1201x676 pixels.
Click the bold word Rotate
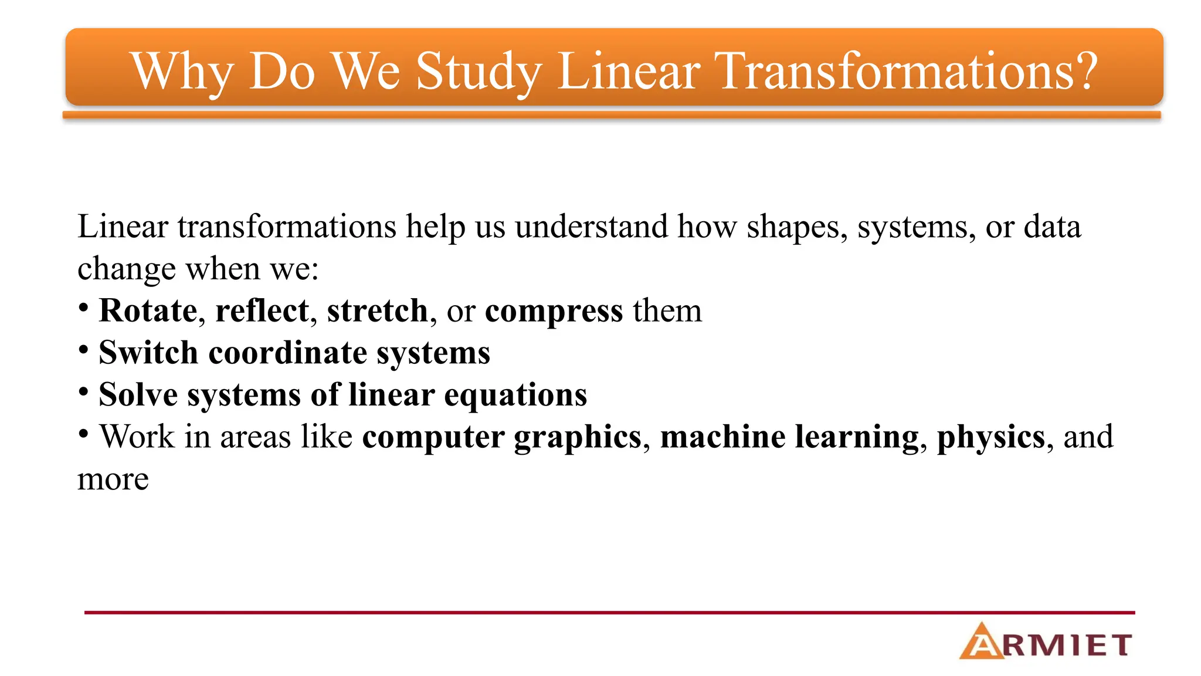point(148,310)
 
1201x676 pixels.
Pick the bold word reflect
point(262,310)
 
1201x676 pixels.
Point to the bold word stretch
point(378,310)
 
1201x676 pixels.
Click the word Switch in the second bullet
point(148,353)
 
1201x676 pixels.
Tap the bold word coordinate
point(288,353)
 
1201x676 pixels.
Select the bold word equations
point(515,396)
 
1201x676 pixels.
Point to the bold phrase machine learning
point(789,438)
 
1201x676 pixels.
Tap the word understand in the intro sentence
point(591,227)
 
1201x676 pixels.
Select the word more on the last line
point(113,480)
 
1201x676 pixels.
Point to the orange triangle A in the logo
point(982,642)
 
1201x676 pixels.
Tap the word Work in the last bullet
point(137,437)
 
